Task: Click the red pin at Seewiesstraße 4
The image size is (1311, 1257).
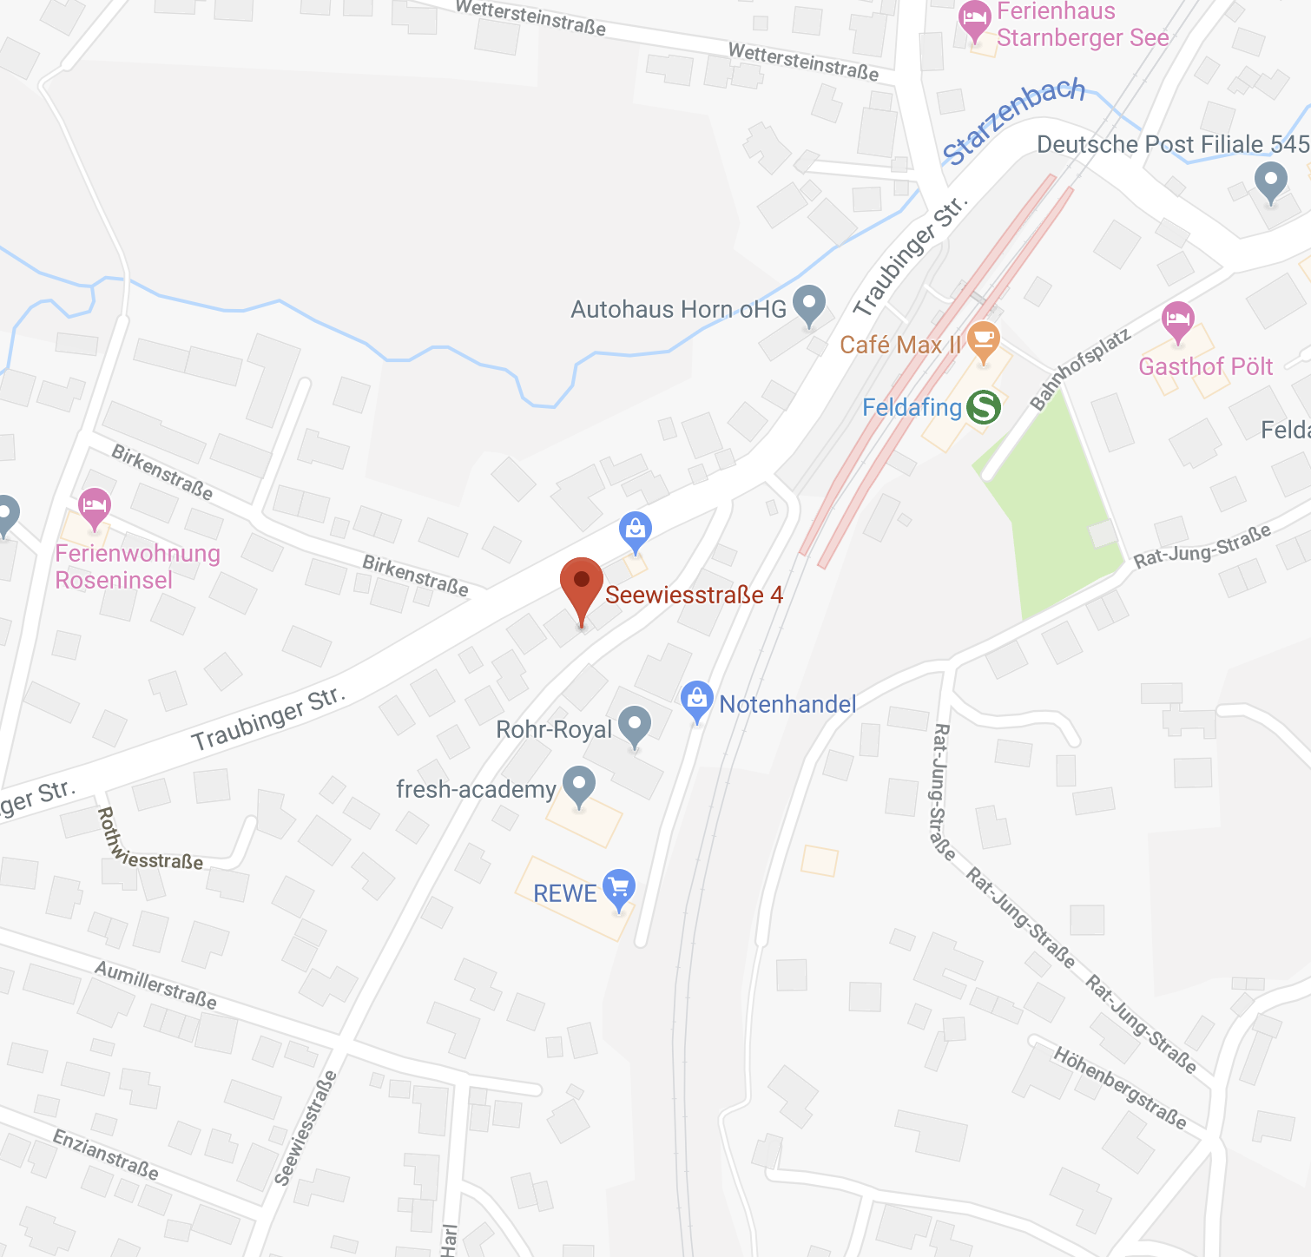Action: [582, 583]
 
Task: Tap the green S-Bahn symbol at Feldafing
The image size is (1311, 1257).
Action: [984, 406]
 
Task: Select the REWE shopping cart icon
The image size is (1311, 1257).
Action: [619, 888]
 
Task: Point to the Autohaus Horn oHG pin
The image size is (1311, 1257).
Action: [809, 304]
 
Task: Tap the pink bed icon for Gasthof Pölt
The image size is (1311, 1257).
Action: [1177, 320]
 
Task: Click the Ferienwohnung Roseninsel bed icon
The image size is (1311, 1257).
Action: [95, 506]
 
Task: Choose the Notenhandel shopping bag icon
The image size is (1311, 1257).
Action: [696, 700]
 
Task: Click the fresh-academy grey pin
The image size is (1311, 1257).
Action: [579, 785]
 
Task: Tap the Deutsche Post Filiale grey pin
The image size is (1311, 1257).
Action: [1271, 182]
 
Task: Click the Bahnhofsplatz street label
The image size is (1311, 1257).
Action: [1080, 369]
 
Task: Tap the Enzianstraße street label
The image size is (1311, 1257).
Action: [106, 1155]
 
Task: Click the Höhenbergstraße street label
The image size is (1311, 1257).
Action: [1120, 1088]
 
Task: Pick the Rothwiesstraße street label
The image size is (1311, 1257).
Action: [148, 842]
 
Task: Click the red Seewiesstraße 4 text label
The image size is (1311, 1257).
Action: [694, 595]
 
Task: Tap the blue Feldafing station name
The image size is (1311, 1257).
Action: [912, 407]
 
